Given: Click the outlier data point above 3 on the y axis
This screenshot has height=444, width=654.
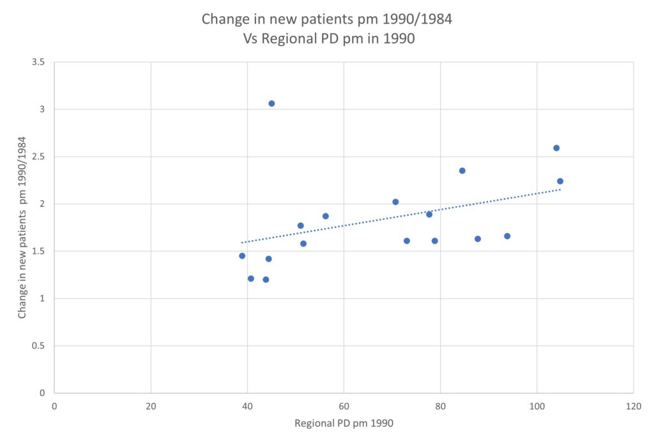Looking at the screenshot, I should [271, 103].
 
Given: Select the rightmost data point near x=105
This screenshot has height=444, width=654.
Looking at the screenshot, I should [560, 181].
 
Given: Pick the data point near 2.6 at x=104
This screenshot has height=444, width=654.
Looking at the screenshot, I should [556, 148].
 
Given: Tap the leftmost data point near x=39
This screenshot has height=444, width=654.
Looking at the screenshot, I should [242, 256].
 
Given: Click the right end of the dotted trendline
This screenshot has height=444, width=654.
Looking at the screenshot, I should [560, 189].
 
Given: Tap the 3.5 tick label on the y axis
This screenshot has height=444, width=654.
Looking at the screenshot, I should [38, 62].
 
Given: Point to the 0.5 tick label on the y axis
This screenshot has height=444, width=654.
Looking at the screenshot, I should [38, 346].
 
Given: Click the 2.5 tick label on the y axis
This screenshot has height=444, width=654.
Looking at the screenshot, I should [38, 157].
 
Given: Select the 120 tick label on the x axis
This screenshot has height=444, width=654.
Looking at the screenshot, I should [633, 406].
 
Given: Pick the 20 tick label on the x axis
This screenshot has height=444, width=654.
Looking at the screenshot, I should [151, 406].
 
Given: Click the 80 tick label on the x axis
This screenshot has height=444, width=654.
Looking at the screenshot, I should [440, 406].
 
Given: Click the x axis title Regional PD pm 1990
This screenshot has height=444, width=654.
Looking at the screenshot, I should [344, 424].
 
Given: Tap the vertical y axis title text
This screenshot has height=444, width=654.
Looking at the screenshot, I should [22, 227].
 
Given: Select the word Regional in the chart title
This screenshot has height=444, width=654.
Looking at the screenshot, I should [286, 38].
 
